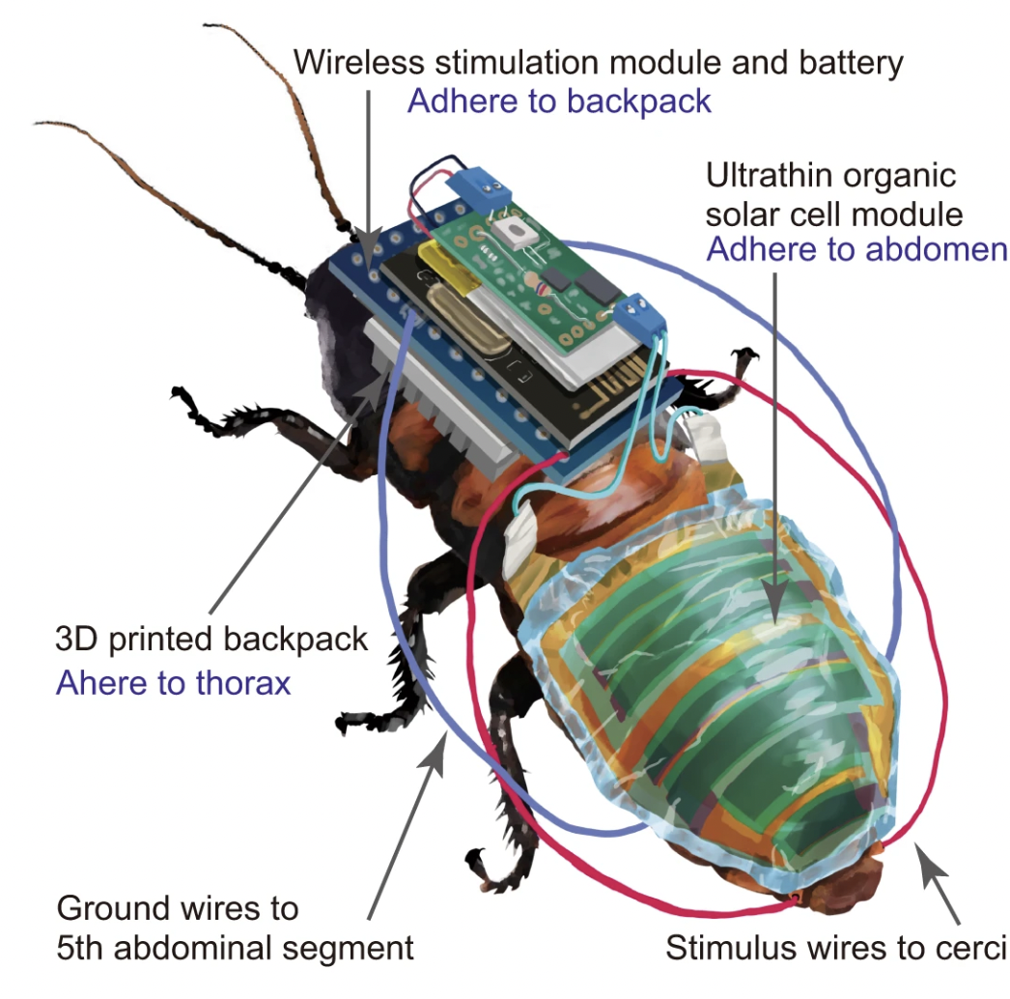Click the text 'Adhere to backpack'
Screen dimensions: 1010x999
coord(559,101)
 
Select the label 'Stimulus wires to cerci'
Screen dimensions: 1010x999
coord(836,948)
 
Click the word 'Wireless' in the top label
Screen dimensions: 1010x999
coord(359,63)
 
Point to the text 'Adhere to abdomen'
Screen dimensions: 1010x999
coord(856,249)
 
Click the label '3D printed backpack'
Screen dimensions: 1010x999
coord(211,640)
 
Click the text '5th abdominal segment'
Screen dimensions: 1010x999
coord(235,948)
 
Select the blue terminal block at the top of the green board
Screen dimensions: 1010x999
coord(477,188)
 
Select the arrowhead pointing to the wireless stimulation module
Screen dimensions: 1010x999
coord(368,249)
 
